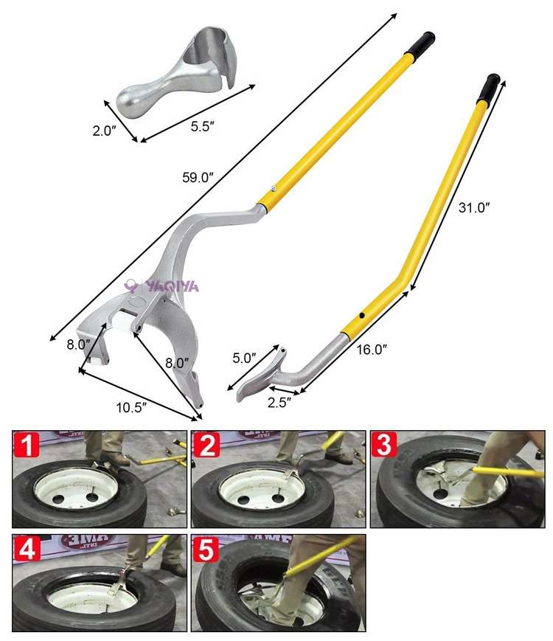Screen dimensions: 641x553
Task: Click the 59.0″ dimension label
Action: point(199,177)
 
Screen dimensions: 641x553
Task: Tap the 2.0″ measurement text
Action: point(104,131)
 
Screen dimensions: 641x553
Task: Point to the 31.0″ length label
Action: point(473,208)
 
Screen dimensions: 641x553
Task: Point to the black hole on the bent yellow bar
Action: point(363,316)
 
